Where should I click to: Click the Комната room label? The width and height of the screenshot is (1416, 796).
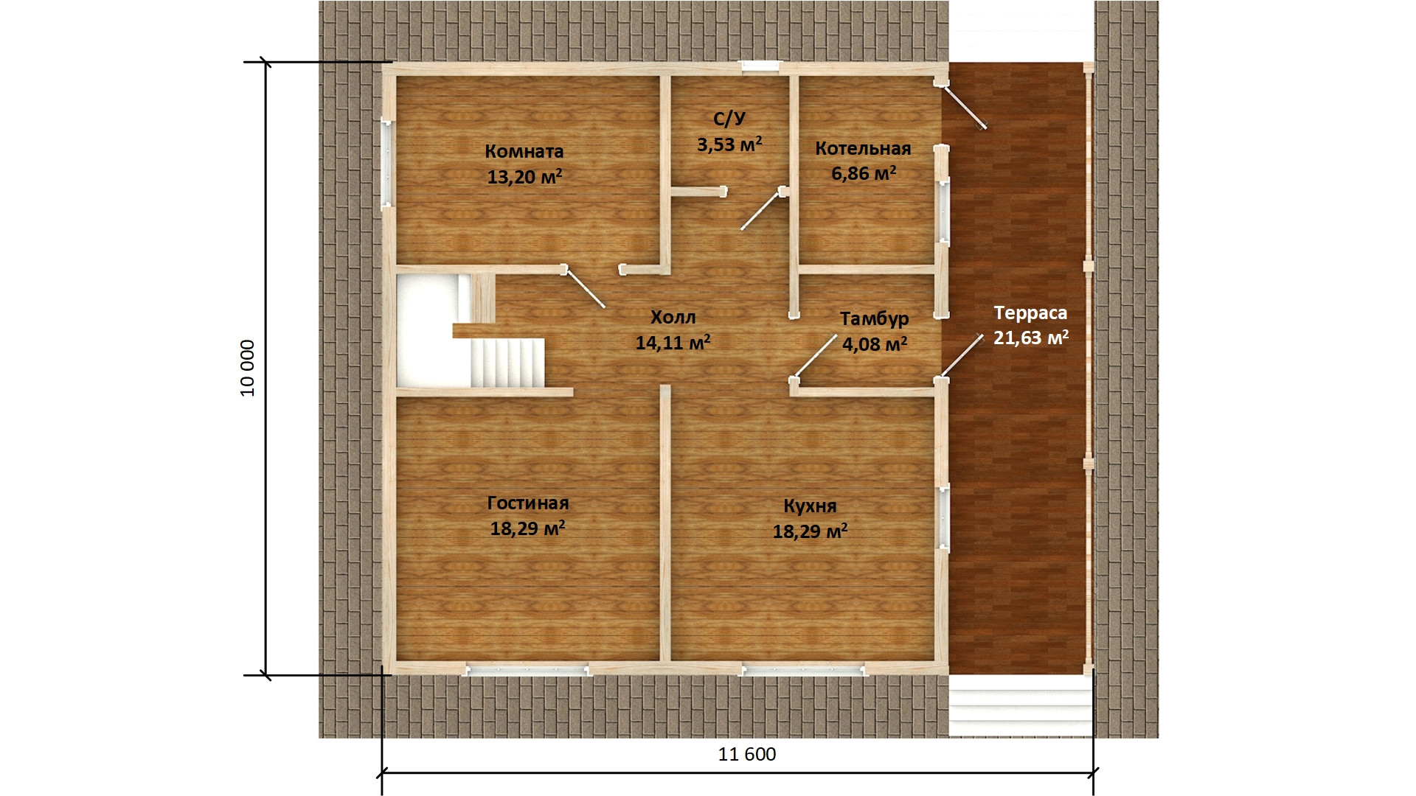click(x=524, y=151)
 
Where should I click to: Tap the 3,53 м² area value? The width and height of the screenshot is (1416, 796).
click(x=729, y=144)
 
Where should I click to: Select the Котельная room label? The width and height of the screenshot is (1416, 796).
click(x=863, y=148)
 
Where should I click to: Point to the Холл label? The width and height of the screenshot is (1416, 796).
click(x=673, y=317)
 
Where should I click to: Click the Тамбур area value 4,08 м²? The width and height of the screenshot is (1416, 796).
click(x=875, y=343)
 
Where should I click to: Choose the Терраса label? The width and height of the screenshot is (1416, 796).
click(x=1030, y=313)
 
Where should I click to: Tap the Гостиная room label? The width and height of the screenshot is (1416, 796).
click(x=528, y=503)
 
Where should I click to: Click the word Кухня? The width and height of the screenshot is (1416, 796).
click(x=810, y=506)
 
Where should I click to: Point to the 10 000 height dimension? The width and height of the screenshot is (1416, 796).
click(x=248, y=368)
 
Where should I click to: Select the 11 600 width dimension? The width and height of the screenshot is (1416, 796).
click(x=747, y=754)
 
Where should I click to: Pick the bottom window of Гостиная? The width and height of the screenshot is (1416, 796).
click(x=527, y=669)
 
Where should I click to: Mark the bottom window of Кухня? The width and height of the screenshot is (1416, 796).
click(x=803, y=669)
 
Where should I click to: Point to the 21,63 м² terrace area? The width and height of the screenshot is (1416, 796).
click(x=1031, y=338)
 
